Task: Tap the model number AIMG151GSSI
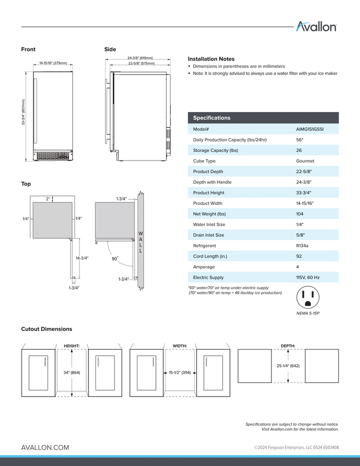[x=310, y=129]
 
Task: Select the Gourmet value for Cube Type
[x=305, y=161]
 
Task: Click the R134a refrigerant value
[x=303, y=245]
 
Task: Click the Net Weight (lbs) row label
[x=209, y=214]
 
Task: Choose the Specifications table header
[x=212, y=118]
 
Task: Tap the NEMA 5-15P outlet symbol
[x=307, y=298]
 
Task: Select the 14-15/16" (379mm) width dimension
[x=53, y=63]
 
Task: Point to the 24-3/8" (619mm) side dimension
[x=140, y=58]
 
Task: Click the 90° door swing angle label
[x=115, y=259]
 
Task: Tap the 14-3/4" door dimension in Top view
[x=82, y=258]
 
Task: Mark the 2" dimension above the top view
[x=48, y=199]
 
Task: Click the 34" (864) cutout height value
[x=72, y=372]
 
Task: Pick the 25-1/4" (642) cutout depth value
[x=288, y=366]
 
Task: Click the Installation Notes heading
[x=211, y=59]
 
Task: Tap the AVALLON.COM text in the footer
[x=45, y=447]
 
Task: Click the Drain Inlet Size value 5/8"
[x=300, y=235]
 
